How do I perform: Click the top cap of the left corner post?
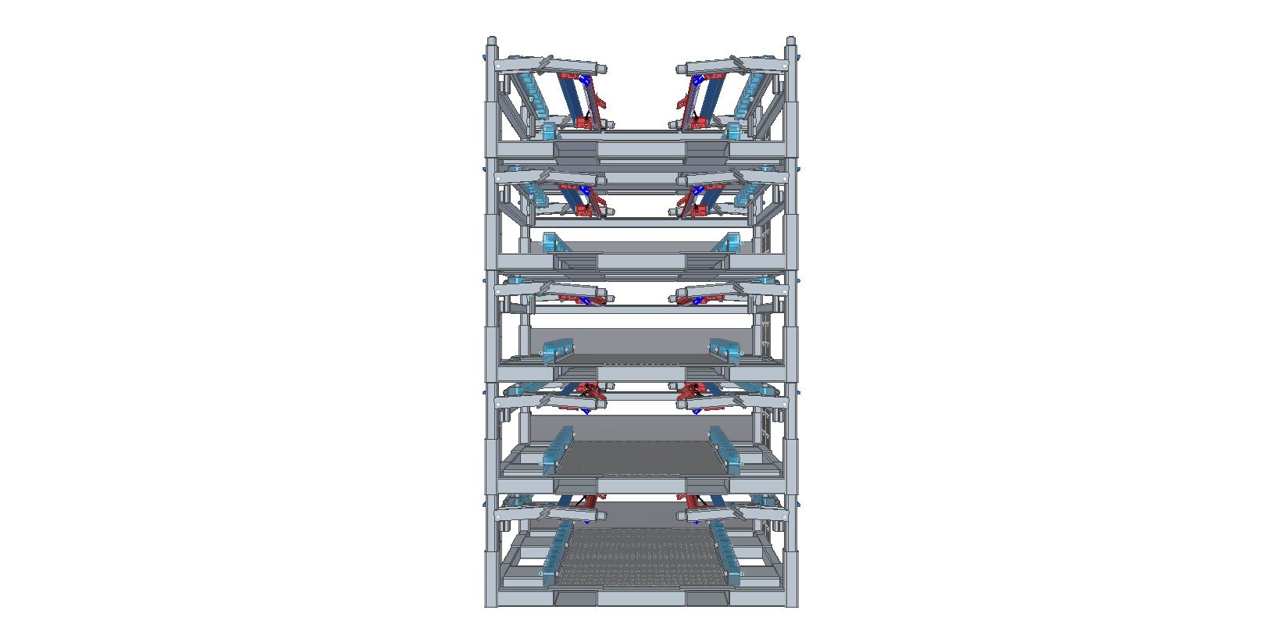point(491,41)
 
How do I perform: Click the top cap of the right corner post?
point(790,41)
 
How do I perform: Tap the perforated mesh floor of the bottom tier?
point(640,555)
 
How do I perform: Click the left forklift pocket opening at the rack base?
point(576,598)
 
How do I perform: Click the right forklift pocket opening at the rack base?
point(707,598)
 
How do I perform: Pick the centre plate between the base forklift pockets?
point(641,598)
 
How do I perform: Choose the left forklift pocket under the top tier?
point(576,150)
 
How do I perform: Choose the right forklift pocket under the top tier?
point(707,150)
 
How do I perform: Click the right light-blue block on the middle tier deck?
point(725,351)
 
